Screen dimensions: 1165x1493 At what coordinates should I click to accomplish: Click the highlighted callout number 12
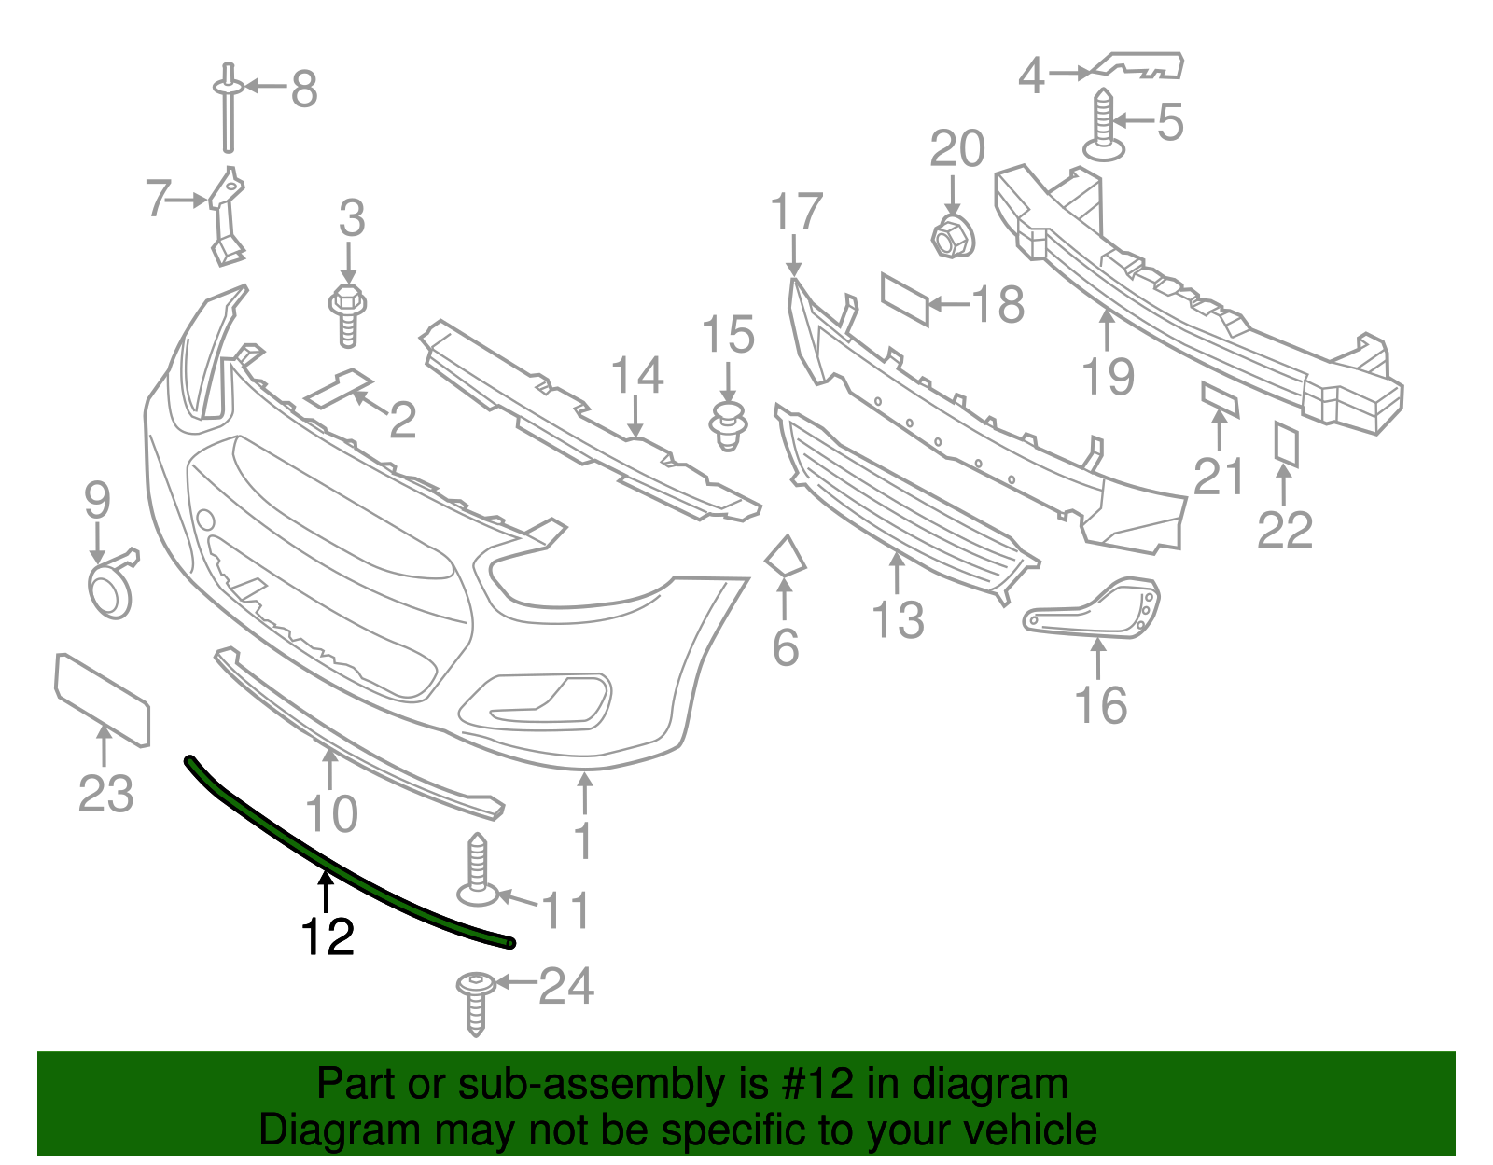[x=328, y=936]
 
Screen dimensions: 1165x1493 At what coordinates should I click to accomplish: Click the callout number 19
[x=1108, y=376]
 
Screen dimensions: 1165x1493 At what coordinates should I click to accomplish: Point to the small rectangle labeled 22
[x=1287, y=444]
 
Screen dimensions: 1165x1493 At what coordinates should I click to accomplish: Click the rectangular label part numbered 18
[x=905, y=298]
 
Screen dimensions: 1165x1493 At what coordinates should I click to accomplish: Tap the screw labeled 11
[x=478, y=871]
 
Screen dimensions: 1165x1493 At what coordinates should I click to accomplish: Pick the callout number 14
[x=636, y=375]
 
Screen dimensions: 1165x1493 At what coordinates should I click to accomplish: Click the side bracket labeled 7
[x=225, y=215]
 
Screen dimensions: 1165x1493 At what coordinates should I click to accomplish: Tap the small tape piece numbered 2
[x=339, y=389]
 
